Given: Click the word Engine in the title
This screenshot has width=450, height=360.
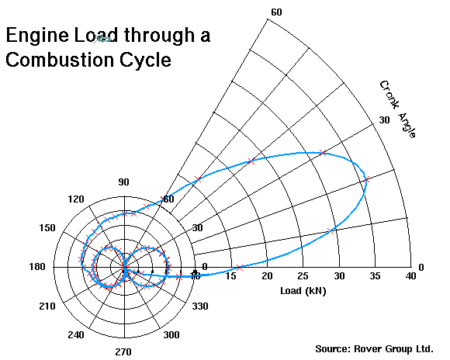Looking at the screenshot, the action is tap(37, 36).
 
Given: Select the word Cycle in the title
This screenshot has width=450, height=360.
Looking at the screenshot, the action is tap(146, 61).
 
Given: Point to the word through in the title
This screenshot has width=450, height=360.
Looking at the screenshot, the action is tap(159, 36).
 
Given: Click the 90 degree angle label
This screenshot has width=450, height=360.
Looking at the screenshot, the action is tap(123, 182).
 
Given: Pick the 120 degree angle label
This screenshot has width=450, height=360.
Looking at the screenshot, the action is tap(76, 199).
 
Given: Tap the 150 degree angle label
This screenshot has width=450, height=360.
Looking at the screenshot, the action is tap(47, 228).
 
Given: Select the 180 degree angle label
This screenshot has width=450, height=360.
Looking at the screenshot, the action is tap(37, 267).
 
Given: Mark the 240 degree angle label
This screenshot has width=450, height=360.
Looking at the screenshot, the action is tap(76, 334).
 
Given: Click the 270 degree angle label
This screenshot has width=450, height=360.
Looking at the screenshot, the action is tap(123, 351).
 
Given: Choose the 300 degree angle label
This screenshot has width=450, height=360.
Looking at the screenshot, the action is tap(171, 334).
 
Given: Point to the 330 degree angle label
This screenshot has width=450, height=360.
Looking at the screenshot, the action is tap(200, 306).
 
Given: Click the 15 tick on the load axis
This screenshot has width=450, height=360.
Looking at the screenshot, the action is tap(230, 276).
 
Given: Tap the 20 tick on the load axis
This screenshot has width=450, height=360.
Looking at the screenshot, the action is tap(267, 276).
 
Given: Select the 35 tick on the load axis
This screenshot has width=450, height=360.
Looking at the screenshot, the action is tap(375, 276).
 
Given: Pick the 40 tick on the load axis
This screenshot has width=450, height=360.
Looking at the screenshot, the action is tap(410, 276).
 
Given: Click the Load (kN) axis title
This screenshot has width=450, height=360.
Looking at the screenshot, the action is tap(303, 291).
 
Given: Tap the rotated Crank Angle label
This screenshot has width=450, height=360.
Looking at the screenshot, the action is tap(397, 109).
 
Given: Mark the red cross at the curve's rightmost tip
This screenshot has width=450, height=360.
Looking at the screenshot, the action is tap(366, 180).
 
